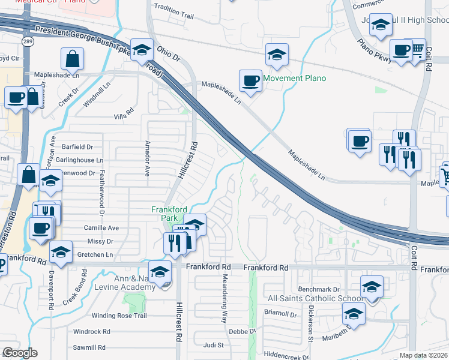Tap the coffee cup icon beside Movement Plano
pyautogui.click(x=250, y=80)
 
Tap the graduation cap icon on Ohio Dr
pyautogui.click(x=142, y=50)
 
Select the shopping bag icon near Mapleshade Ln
pyautogui.click(x=72, y=59)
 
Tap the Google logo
pyautogui.click(x=20, y=353)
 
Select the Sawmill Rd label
pyautogui.click(x=89, y=347)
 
